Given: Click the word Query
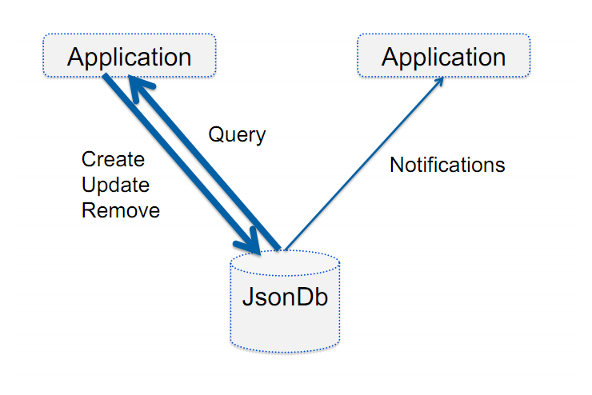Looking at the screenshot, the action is click(237, 135).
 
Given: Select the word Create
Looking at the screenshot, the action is click(113, 159).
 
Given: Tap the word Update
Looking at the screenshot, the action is click(115, 186).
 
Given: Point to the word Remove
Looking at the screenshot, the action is click(121, 210).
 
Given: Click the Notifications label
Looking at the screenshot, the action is click(447, 165).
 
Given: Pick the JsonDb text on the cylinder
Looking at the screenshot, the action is click(285, 297).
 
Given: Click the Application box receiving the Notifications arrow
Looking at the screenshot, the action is click(444, 55).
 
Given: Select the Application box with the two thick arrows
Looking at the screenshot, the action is click(130, 55).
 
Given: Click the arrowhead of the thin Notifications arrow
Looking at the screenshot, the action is click(440, 81).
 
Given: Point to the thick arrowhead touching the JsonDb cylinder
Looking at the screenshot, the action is click(250, 243).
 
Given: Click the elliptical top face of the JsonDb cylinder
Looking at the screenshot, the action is click(285, 262).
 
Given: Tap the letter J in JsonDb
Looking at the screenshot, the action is click(250, 297).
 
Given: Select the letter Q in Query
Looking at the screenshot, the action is click(217, 134).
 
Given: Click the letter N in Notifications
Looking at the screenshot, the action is click(397, 165).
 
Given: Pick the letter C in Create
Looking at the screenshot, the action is click(90, 159).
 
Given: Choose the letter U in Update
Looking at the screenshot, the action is click(89, 185).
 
